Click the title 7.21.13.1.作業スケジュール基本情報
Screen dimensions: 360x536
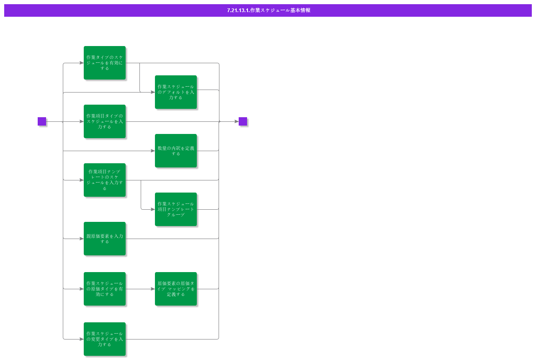268,10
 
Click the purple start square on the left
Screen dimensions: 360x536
42,121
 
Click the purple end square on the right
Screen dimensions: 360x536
243,121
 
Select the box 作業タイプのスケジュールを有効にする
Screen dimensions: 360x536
105,63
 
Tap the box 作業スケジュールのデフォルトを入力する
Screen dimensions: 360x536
176,92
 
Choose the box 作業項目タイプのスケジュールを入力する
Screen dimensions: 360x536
105,121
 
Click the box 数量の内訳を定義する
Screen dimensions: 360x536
176,151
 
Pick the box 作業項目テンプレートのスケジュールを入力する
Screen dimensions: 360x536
105,180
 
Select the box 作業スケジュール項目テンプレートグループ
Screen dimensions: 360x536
176,209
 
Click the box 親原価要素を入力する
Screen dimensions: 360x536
105,239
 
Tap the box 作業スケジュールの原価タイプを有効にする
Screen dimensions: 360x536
105,289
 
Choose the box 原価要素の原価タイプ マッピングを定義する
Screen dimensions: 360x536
176,289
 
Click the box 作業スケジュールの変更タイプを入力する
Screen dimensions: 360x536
105,339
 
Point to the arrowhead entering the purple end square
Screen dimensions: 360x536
236,121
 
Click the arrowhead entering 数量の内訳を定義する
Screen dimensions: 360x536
152,151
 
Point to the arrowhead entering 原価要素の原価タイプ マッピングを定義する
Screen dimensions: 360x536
152,289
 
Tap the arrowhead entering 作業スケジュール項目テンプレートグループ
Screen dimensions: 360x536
152,209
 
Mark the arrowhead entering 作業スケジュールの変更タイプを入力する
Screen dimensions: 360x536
81,339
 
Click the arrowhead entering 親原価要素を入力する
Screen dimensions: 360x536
81,239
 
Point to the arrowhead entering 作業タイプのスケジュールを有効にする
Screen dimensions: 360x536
81,63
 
